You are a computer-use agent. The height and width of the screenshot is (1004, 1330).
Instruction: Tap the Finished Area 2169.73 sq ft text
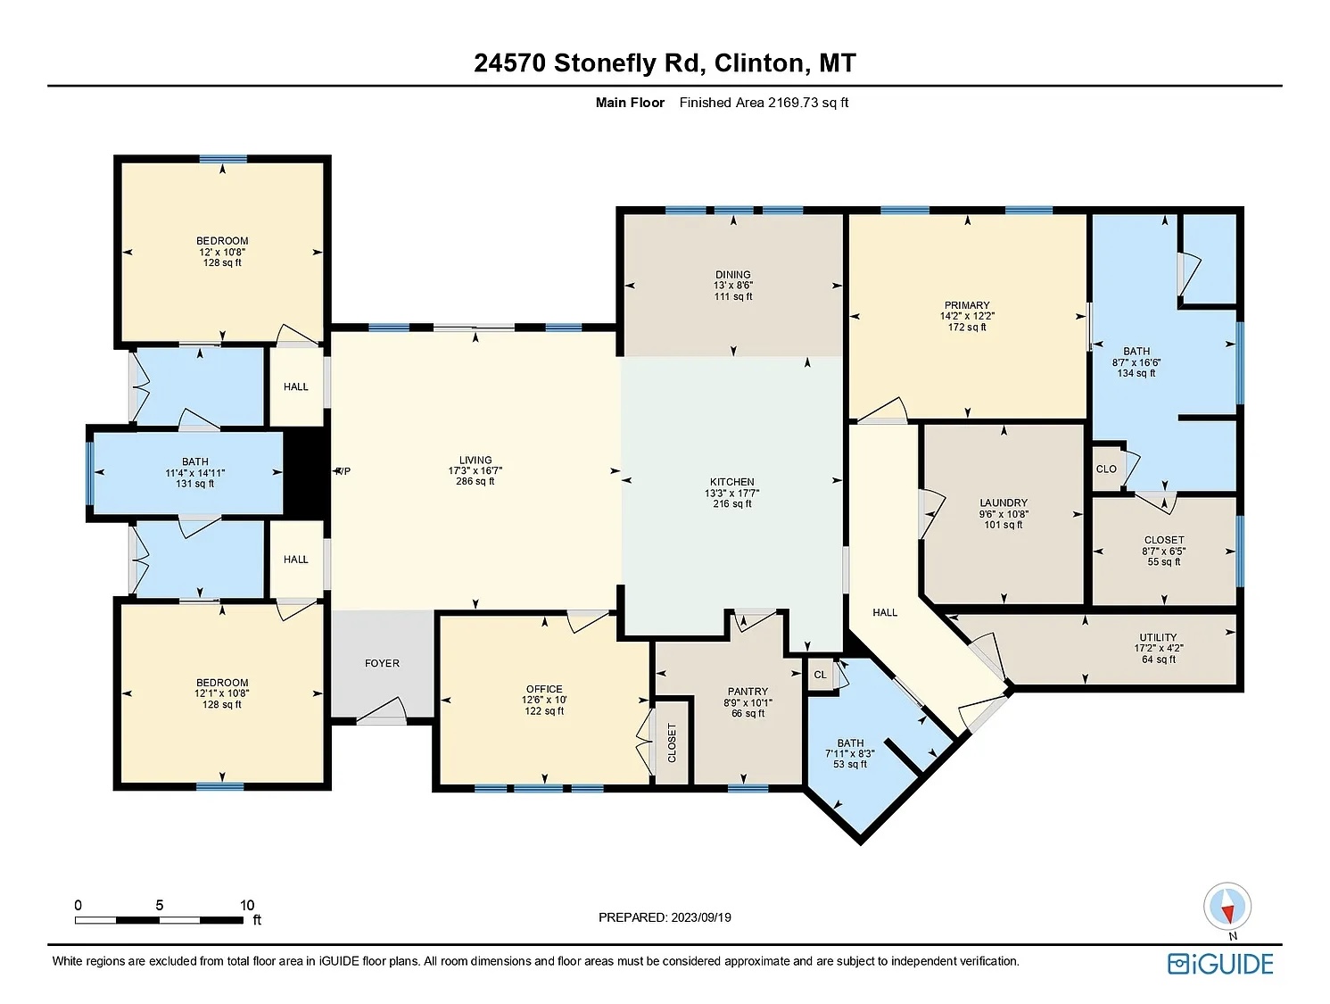764,103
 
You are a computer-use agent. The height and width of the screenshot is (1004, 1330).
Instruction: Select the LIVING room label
475,461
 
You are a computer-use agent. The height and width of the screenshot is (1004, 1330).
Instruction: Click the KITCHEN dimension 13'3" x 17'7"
732,493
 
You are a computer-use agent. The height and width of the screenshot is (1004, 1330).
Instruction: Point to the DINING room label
733,275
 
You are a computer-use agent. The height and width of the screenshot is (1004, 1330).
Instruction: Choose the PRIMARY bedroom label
967,305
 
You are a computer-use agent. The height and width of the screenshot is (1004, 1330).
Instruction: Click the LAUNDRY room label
1004,502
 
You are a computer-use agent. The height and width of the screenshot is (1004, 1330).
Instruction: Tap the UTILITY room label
1158,638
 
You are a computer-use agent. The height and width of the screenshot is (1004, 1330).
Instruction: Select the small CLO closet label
1106,469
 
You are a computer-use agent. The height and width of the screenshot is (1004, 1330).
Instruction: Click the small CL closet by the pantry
820,675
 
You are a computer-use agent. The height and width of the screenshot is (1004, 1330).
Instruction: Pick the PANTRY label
748,692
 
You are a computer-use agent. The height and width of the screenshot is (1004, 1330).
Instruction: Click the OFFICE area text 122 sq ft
544,711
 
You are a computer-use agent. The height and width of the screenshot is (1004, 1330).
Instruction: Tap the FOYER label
382,663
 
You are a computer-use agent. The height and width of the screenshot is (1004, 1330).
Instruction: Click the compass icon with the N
1227,907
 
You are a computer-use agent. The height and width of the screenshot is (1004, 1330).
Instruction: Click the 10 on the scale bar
247,905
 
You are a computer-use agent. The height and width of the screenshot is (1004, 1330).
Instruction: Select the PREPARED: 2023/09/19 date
665,917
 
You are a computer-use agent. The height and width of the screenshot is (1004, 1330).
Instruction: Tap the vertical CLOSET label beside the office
673,743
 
